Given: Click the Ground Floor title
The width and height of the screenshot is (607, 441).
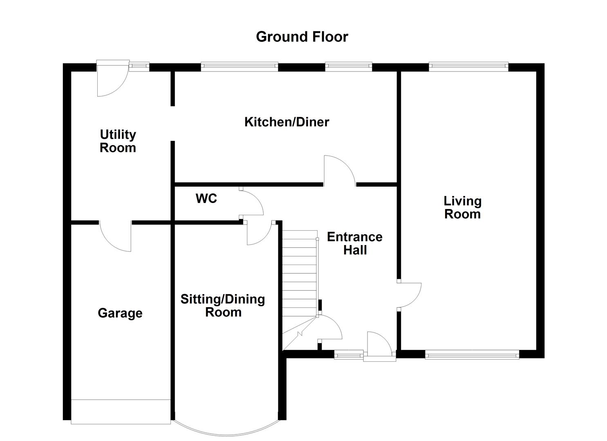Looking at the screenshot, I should click(x=302, y=37).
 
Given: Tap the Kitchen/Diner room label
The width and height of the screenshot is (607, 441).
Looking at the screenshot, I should click(x=287, y=122).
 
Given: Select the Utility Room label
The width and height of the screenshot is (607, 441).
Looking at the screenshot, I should click(x=118, y=141).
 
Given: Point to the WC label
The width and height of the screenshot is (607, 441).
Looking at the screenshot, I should click(x=206, y=198).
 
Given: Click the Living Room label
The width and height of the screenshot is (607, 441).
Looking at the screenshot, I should click(x=462, y=207).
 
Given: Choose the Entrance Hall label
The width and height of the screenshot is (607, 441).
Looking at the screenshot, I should click(x=354, y=243).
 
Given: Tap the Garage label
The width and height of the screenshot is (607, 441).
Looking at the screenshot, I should click(x=120, y=313).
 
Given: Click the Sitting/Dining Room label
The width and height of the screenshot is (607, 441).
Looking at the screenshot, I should click(x=223, y=305).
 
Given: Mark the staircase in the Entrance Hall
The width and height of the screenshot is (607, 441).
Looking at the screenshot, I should click(x=300, y=278).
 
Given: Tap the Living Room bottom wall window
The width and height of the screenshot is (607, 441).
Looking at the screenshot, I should click(x=472, y=355).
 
